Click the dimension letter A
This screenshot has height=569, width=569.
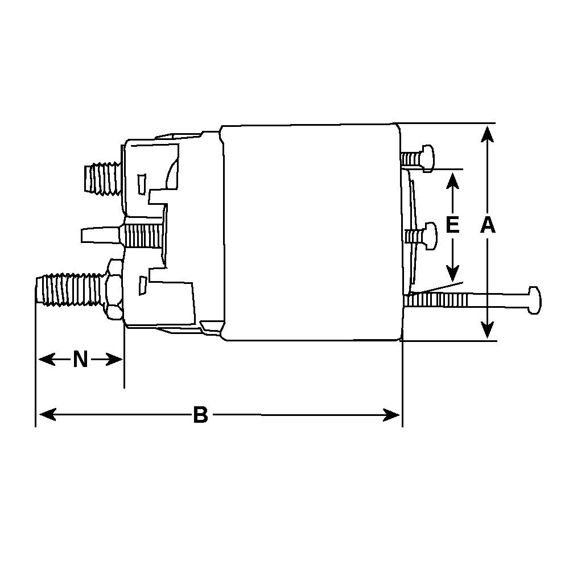tap(488, 226)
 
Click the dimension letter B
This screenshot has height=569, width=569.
tap(200, 415)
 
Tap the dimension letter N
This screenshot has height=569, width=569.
tap(80, 360)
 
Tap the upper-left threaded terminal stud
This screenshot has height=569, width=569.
tap(102, 178)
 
